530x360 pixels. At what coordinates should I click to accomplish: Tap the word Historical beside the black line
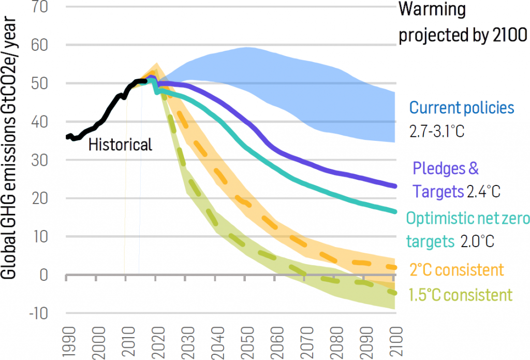coord(120,145)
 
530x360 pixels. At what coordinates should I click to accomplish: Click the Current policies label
coord(462,108)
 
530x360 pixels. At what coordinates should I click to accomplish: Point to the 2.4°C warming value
coord(483,192)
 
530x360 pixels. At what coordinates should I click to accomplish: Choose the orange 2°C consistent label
coord(456,270)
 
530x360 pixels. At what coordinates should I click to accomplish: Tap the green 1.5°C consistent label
coord(460,295)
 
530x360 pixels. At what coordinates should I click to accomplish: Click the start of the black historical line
coord(67,137)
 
